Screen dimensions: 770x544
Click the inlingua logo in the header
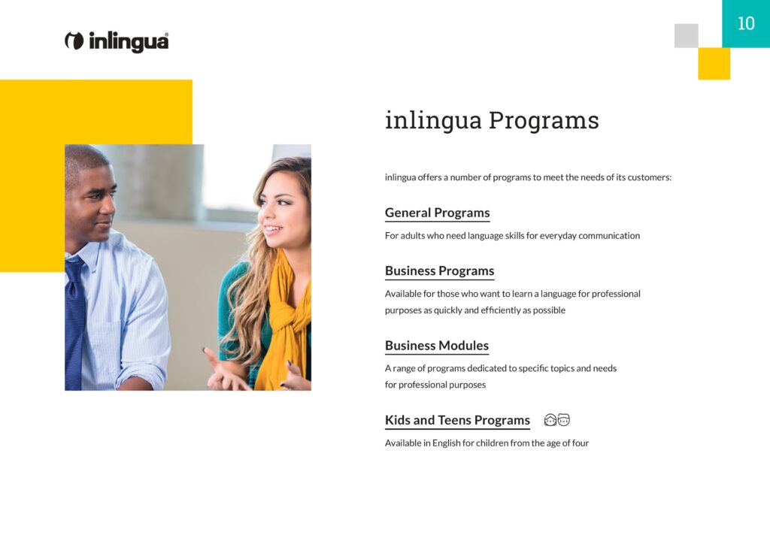tap(117, 41)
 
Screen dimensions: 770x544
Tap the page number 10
tap(746, 23)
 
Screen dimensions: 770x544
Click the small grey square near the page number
tap(686, 35)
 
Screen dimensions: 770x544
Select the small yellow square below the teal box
tap(714, 63)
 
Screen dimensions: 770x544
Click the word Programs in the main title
tap(544, 121)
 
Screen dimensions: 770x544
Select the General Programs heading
tap(437, 213)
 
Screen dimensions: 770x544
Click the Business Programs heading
tap(439, 271)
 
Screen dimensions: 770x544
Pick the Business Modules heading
tap(437, 346)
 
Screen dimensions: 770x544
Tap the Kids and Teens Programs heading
tap(457, 420)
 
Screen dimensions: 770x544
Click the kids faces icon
tap(557, 420)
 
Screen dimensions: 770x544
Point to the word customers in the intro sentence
tap(649, 177)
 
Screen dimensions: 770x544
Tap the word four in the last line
tap(580, 443)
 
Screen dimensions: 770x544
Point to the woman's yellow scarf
tap(285, 324)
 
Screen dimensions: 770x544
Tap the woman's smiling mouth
tap(271, 228)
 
